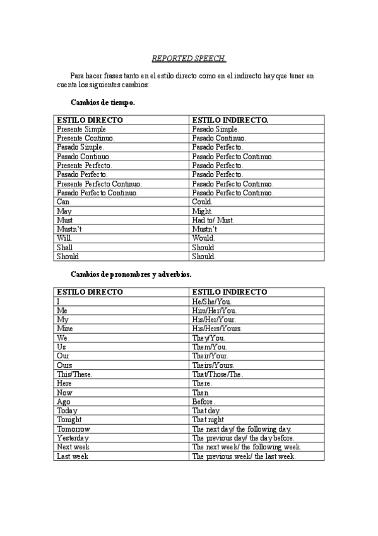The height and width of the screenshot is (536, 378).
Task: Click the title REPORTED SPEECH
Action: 189,58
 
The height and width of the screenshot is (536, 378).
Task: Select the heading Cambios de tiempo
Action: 103,101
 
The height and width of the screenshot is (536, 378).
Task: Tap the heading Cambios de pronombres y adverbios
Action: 131,275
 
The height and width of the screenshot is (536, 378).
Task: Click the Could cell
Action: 203,201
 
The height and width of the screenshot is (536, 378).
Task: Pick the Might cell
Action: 203,210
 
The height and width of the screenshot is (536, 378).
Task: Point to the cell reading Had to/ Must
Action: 213,220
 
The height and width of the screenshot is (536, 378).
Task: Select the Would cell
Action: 204,238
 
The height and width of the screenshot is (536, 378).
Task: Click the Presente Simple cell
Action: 81,128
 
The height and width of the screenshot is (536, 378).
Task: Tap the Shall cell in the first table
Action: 64,248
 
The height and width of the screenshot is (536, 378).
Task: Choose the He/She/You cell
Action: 212,301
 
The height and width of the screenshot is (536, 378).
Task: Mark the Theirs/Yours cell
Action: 213,365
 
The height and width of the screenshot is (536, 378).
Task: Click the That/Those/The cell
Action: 218,374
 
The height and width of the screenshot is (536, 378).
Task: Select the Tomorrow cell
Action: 73,429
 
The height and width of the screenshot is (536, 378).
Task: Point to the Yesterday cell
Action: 73,438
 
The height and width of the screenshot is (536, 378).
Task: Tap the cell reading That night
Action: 208,420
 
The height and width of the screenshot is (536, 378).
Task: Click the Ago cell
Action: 63,401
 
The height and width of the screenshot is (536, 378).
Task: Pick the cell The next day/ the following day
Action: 242,429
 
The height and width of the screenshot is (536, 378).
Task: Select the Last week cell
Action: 73,456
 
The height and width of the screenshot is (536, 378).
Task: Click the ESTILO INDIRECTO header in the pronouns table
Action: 230,292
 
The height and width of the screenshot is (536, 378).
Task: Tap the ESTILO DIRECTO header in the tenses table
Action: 90,119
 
